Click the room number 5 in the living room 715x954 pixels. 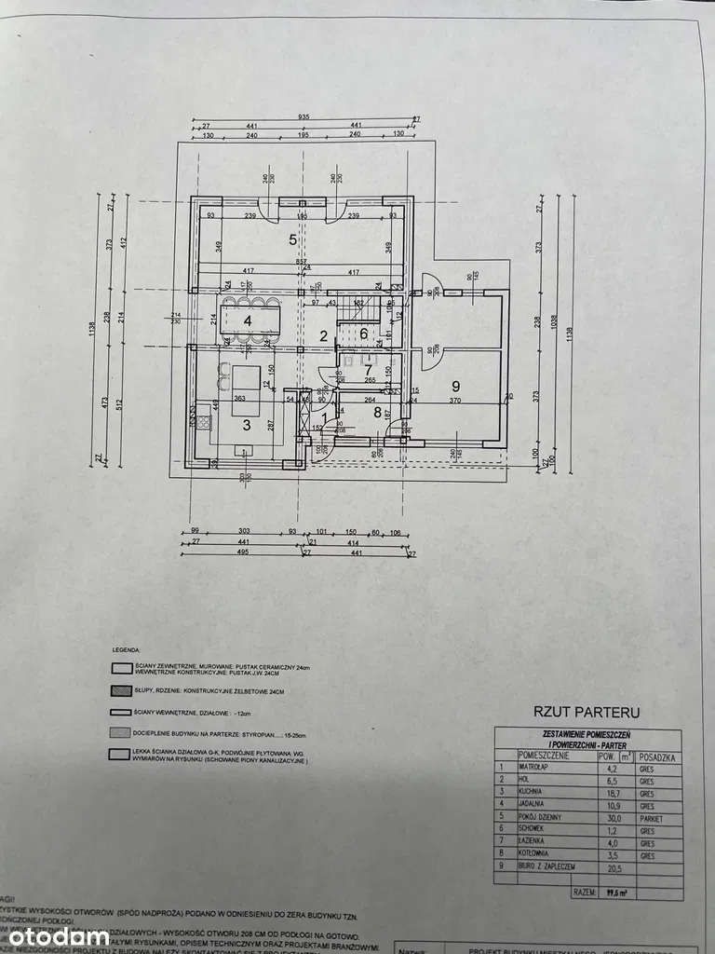point(292,239)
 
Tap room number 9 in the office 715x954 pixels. point(455,386)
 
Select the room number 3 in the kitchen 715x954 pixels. point(247,425)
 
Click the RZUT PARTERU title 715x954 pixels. point(586,712)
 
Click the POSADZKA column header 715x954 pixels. point(656,757)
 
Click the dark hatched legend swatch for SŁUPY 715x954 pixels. point(121,690)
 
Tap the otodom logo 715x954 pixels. point(61,935)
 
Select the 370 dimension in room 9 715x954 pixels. point(455,401)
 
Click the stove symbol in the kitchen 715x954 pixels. point(203,421)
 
